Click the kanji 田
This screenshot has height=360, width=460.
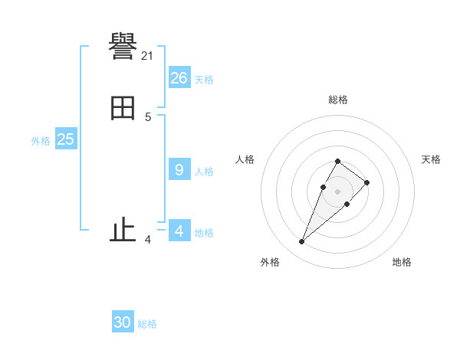pyautogui.click(x=123, y=108)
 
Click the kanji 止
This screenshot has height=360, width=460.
pyautogui.click(x=123, y=230)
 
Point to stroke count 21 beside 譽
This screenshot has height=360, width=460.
pyautogui.click(x=147, y=56)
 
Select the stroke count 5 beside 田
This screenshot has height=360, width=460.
pyautogui.click(x=147, y=117)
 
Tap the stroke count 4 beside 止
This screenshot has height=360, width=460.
pyautogui.click(x=147, y=240)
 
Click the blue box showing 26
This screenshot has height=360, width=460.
pyautogui.click(x=179, y=78)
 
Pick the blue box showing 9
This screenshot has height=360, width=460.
pyautogui.click(x=179, y=170)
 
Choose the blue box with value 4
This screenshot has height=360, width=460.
pyautogui.click(x=179, y=231)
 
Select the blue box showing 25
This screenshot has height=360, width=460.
pyautogui.click(x=66, y=139)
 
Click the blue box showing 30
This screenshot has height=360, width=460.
pyautogui.click(x=123, y=322)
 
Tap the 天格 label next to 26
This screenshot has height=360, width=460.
pyautogui.click(x=204, y=80)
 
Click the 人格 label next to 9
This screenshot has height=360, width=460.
pyautogui.click(x=204, y=172)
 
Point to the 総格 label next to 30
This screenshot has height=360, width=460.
pyautogui.click(x=147, y=324)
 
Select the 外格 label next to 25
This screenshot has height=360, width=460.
pyautogui.click(x=41, y=141)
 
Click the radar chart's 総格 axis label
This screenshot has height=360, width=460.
pyautogui.click(x=337, y=100)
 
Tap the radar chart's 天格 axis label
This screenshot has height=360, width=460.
pyautogui.click(x=431, y=159)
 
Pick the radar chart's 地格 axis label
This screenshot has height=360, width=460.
pyautogui.click(x=402, y=262)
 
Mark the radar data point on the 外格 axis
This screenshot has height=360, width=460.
pyautogui.click(x=301, y=242)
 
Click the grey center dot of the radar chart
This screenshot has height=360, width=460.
pyautogui.click(x=337, y=191)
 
